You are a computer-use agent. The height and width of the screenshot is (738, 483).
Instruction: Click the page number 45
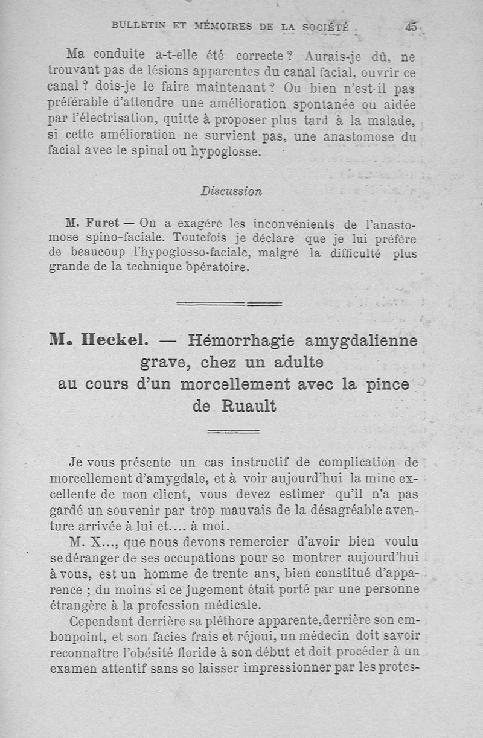[x=412, y=27]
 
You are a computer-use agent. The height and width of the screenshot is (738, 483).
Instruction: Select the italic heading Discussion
[x=231, y=191]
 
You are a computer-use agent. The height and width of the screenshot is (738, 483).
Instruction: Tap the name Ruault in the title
[x=249, y=406]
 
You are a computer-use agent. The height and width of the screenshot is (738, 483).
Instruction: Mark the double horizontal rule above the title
[x=229, y=302]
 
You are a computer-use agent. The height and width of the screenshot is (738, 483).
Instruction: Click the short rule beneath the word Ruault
[x=233, y=431]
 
